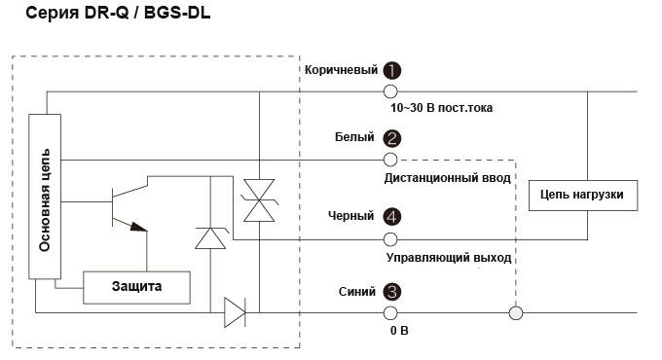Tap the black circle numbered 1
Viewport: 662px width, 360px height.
[x=391, y=71]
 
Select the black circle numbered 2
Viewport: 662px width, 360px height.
[x=391, y=138]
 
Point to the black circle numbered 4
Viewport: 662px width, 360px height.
[x=391, y=217]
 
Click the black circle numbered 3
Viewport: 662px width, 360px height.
[x=391, y=291]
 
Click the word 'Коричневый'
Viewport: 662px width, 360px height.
[x=339, y=71]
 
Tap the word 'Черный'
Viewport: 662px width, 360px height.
[x=351, y=217]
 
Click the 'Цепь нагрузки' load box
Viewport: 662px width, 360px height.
[x=582, y=196]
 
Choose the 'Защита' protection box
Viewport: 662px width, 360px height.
[x=136, y=286]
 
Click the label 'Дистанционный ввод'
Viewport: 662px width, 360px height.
[x=447, y=179]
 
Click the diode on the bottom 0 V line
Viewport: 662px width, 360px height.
[x=234, y=313]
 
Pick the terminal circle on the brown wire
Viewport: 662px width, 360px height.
[x=390, y=91]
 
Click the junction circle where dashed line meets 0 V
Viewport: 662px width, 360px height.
[x=515, y=313]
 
